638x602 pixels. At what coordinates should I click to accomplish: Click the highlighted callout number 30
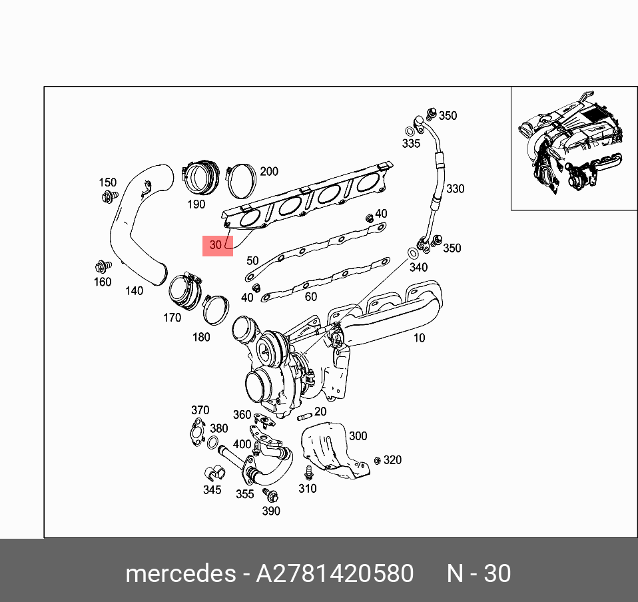[216, 245]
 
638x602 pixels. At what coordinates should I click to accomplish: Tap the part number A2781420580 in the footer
[334, 573]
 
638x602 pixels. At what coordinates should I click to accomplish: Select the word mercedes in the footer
[179, 573]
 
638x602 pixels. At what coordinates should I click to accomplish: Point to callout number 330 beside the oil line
[455, 189]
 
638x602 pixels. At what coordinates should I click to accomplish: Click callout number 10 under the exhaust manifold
[418, 338]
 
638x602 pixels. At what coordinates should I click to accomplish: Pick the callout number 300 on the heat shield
[358, 436]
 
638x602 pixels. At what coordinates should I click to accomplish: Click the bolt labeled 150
[107, 196]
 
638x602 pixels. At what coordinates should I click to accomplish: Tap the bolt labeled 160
[103, 267]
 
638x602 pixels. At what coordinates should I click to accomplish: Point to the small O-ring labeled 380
[213, 444]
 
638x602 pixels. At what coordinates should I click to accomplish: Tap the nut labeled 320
[377, 461]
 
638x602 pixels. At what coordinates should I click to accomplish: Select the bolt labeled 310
[308, 473]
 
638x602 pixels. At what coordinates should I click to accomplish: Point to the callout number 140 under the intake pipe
[134, 291]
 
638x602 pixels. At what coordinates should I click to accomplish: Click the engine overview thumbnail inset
[573, 149]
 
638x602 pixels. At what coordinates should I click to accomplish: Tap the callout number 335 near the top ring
[411, 143]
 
